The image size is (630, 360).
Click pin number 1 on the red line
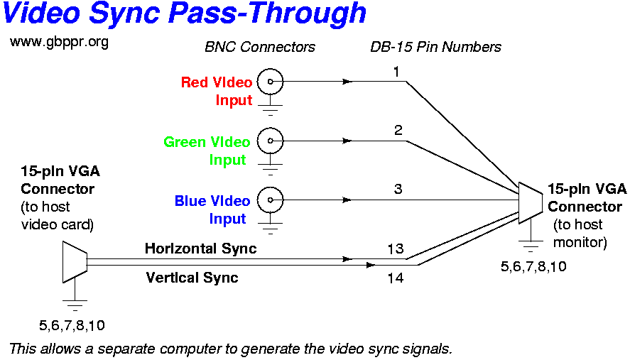click(396, 72)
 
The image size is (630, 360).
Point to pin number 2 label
click(398, 130)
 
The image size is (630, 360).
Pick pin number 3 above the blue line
click(398, 189)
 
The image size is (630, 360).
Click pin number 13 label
click(396, 249)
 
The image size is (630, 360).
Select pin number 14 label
click(396, 278)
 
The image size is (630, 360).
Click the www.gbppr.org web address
click(59, 42)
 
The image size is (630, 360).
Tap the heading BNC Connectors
click(259, 47)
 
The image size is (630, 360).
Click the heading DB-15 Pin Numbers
click(435, 47)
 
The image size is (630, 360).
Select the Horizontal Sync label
click(200, 249)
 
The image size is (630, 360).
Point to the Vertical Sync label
click(192, 278)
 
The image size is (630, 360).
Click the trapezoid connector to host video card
click(75, 262)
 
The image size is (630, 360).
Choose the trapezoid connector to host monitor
click(531, 203)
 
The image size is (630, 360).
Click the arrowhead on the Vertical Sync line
click(371, 265)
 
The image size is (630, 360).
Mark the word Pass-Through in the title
click(268, 13)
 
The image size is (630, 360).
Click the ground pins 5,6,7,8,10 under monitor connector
click(533, 266)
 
